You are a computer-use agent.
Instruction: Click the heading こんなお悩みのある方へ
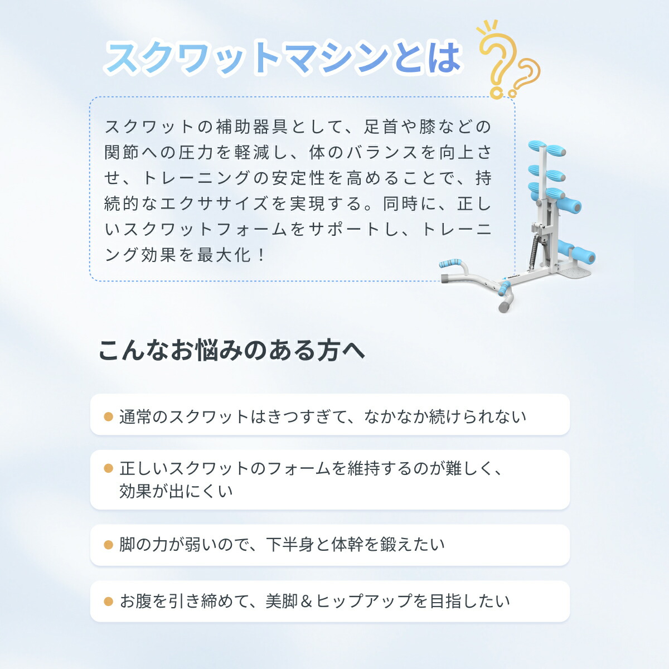[232, 350]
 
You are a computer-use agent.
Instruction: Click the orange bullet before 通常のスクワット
[109, 416]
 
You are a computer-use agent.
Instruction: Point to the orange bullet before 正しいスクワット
[109, 468]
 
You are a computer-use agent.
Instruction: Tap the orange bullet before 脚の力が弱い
[109, 544]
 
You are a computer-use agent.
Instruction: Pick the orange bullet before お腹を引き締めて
[109, 601]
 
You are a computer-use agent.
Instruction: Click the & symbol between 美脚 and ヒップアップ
[306, 601]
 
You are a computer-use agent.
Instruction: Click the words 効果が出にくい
[176, 491]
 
